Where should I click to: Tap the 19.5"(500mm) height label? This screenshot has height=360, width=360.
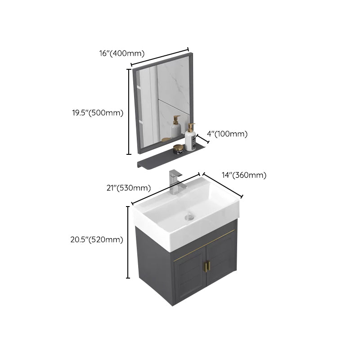tap(98, 113)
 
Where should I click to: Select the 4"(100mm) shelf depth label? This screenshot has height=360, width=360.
tap(227, 134)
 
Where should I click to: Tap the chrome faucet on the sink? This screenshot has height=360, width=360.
tap(175, 182)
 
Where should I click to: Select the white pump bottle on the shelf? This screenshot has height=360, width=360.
tap(190, 138)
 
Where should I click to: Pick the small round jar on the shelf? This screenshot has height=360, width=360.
tap(179, 148)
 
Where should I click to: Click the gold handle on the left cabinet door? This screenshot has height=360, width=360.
tap(204, 266)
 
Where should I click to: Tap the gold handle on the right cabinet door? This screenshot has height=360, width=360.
tap(209, 266)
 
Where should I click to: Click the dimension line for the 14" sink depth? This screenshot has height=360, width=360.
tap(222, 185)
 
